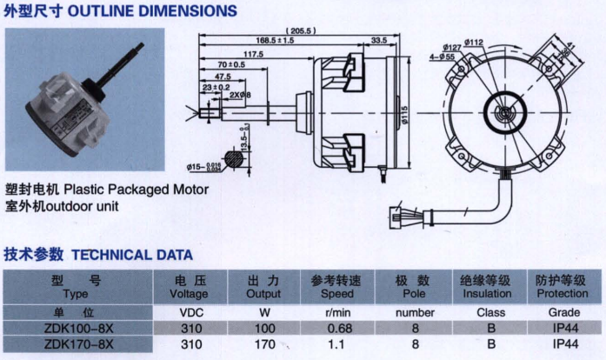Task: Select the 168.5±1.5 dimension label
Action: coord(276,41)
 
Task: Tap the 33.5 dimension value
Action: coord(378,41)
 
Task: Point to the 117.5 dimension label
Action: coord(253,54)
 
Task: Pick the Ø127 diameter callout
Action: coord(451,46)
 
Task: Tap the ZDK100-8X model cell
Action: coord(77,329)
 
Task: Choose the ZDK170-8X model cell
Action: coord(77,343)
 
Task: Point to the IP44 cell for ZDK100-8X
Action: coord(563,329)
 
